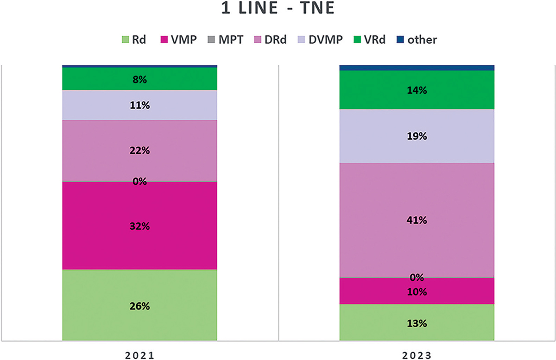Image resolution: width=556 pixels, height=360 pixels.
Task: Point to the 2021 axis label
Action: pyautogui.click(x=139, y=356)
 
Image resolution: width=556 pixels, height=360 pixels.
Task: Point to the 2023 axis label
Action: pyautogui.click(x=417, y=356)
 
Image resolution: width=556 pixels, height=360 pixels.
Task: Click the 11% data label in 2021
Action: pyautogui.click(x=139, y=105)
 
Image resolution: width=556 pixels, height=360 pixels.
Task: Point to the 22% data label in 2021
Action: pyautogui.click(x=139, y=151)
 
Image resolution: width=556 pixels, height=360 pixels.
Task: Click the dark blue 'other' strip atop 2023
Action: pyautogui.click(x=417, y=68)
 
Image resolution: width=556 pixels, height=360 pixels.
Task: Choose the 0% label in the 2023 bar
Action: pyautogui.click(x=417, y=278)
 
